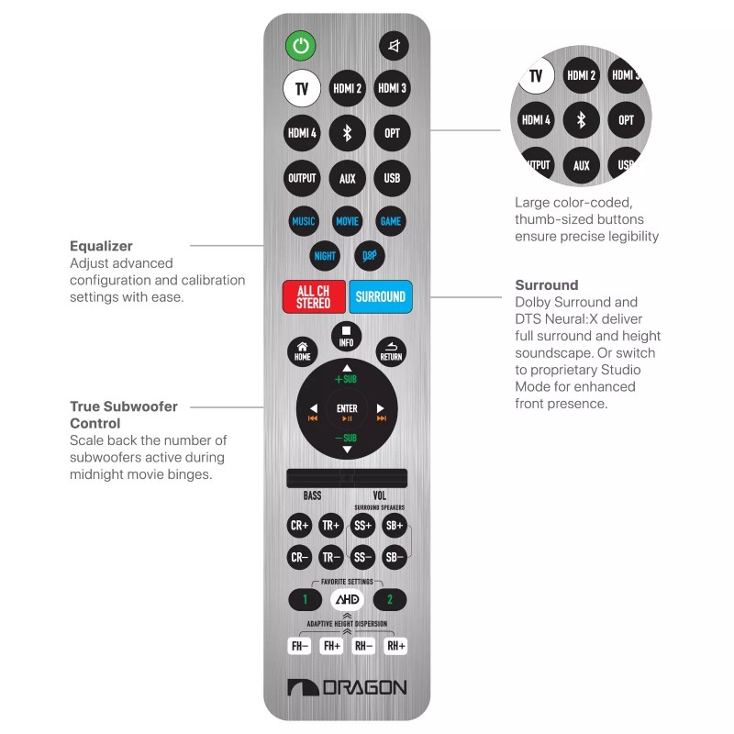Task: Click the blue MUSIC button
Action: pyautogui.click(x=303, y=221)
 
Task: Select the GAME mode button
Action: pyautogui.click(x=391, y=221)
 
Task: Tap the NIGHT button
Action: pyautogui.click(x=325, y=256)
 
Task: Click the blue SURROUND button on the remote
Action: pyautogui.click(x=380, y=297)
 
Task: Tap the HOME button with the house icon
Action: pyautogui.click(x=303, y=351)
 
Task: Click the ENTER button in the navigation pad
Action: pyautogui.click(x=347, y=409)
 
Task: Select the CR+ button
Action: pyautogui.click(x=300, y=526)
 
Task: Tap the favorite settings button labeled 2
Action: pyautogui.click(x=390, y=600)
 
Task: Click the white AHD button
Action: pyautogui.click(x=347, y=600)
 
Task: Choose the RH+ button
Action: pyautogui.click(x=395, y=646)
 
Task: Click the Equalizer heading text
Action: pyautogui.click(x=101, y=246)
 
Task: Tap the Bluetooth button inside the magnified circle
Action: pyautogui.click(x=580, y=120)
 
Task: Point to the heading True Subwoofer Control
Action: pyautogui.click(x=123, y=415)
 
